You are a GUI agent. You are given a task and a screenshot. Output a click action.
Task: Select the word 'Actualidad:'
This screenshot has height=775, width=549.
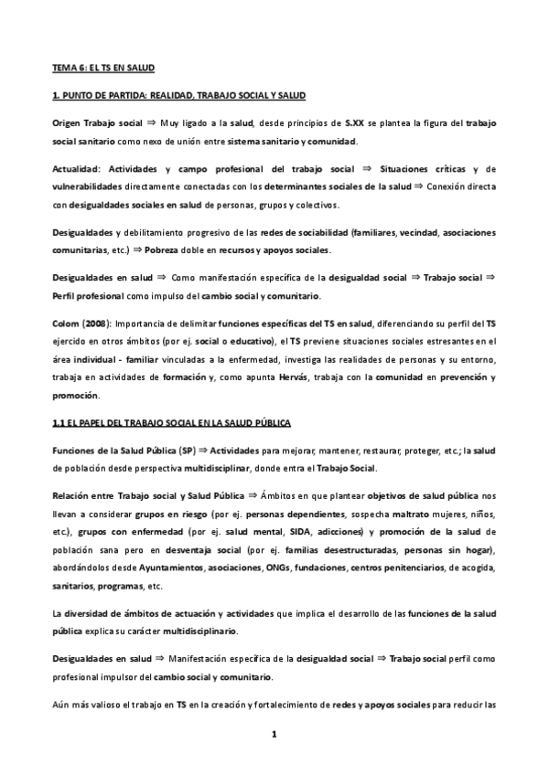[76, 169]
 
